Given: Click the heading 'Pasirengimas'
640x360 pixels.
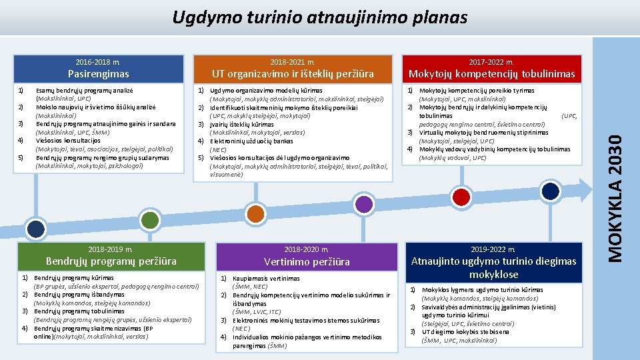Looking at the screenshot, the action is pos(99,73).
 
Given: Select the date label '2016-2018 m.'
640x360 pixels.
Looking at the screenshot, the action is pos(98,61).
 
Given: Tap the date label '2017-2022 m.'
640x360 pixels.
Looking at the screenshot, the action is pos(491,61).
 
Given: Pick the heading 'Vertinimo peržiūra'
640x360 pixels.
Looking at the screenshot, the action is pos(307,261).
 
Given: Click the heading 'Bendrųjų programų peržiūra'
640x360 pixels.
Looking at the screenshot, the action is pos(111,261).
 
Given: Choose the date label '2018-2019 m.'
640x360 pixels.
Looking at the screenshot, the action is pos(111,249).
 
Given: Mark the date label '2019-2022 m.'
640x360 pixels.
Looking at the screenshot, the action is pos(493,249).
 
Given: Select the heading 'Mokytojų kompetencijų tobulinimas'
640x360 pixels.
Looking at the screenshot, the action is pos(491,73).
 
